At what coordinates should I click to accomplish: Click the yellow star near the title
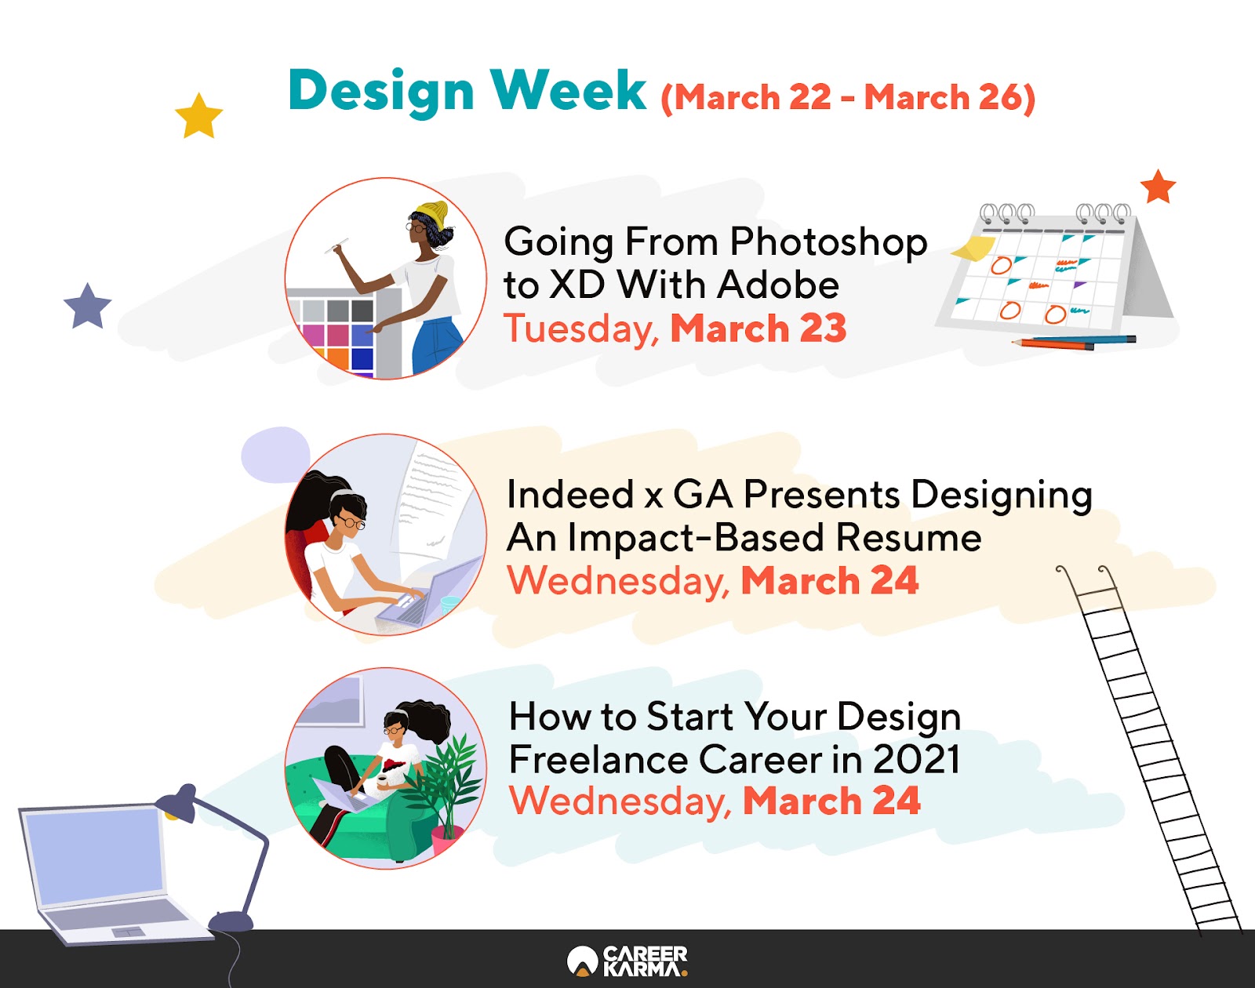(199, 117)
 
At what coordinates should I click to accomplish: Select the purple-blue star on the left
(88, 307)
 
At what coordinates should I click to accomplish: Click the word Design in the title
(381, 90)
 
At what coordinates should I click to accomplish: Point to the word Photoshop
(828, 242)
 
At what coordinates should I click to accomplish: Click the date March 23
(758, 329)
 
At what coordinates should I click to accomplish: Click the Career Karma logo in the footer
(627, 961)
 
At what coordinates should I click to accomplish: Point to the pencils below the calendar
(1074, 343)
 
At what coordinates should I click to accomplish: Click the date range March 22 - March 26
(848, 96)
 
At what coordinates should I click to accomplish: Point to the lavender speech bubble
(275, 454)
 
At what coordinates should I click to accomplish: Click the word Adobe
(778, 285)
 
